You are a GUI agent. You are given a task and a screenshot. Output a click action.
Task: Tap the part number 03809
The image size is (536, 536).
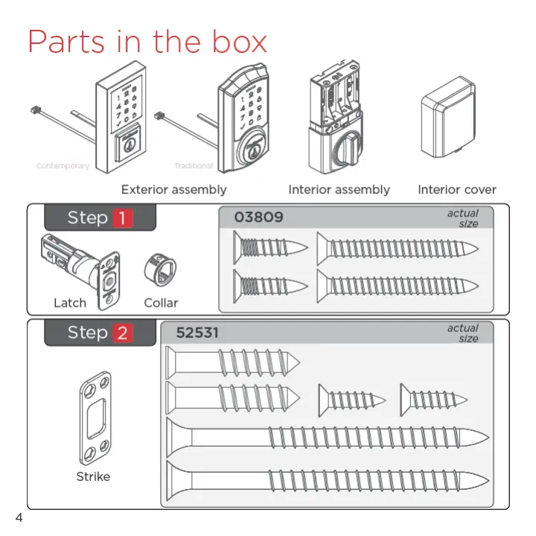click(x=258, y=217)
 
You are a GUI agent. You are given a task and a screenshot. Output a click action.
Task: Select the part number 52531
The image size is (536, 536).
click(x=197, y=333)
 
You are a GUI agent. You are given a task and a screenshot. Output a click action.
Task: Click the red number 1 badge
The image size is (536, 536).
click(x=122, y=218)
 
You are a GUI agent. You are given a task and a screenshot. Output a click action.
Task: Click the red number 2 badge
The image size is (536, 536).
click(x=122, y=334)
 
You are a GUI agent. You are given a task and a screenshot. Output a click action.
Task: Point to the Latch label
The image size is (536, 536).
click(x=70, y=303)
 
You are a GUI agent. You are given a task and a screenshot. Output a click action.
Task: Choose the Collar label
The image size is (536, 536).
click(x=161, y=303)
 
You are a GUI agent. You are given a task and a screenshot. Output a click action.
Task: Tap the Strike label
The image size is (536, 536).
click(x=93, y=476)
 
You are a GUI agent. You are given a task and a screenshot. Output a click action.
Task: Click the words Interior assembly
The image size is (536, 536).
click(x=339, y=190)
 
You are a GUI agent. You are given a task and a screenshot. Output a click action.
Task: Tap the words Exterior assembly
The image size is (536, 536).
click(x=173, y=190)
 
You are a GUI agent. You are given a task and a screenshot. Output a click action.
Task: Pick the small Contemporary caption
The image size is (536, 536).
click(x=63, y=166)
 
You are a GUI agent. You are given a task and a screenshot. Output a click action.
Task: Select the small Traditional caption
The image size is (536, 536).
click(x=194, y=166)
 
